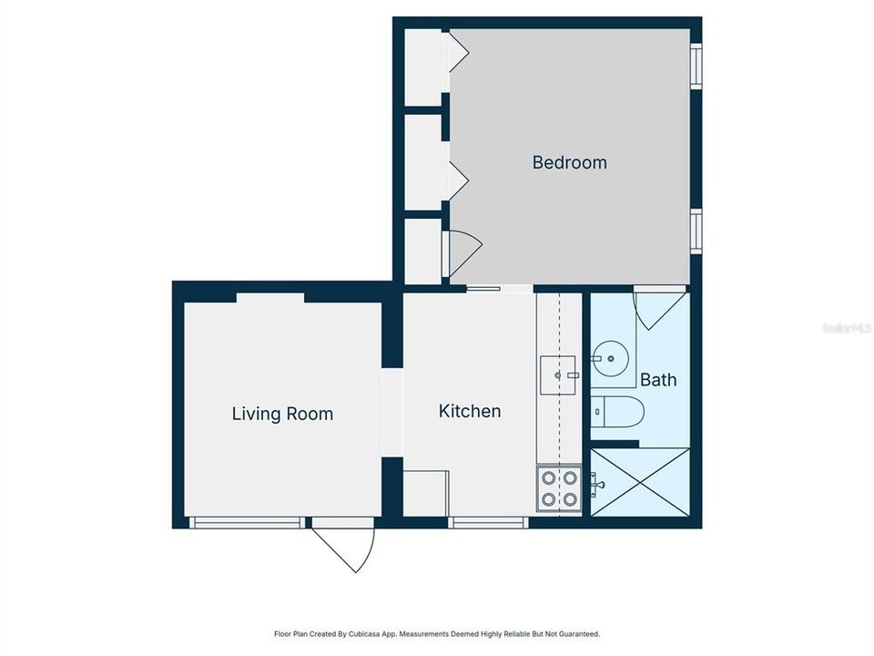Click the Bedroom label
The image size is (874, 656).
click(569, 163)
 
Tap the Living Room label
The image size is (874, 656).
click(282, 414)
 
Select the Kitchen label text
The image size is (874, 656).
click(470, 411)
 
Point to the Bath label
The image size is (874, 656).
click(658, 380)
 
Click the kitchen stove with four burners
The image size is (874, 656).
click(558, 488)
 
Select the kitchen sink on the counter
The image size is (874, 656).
click(558, 374)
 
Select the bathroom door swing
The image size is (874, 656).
click(657, 308)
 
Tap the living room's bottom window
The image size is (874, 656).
click(245, 522)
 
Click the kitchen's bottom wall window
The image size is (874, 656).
click(488, 522)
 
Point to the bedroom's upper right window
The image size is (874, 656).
click(696, 66)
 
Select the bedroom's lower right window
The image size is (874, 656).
click(696, 231)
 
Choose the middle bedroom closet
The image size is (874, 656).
click(422, 161)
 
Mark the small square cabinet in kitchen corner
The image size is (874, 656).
click(425, 493)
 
